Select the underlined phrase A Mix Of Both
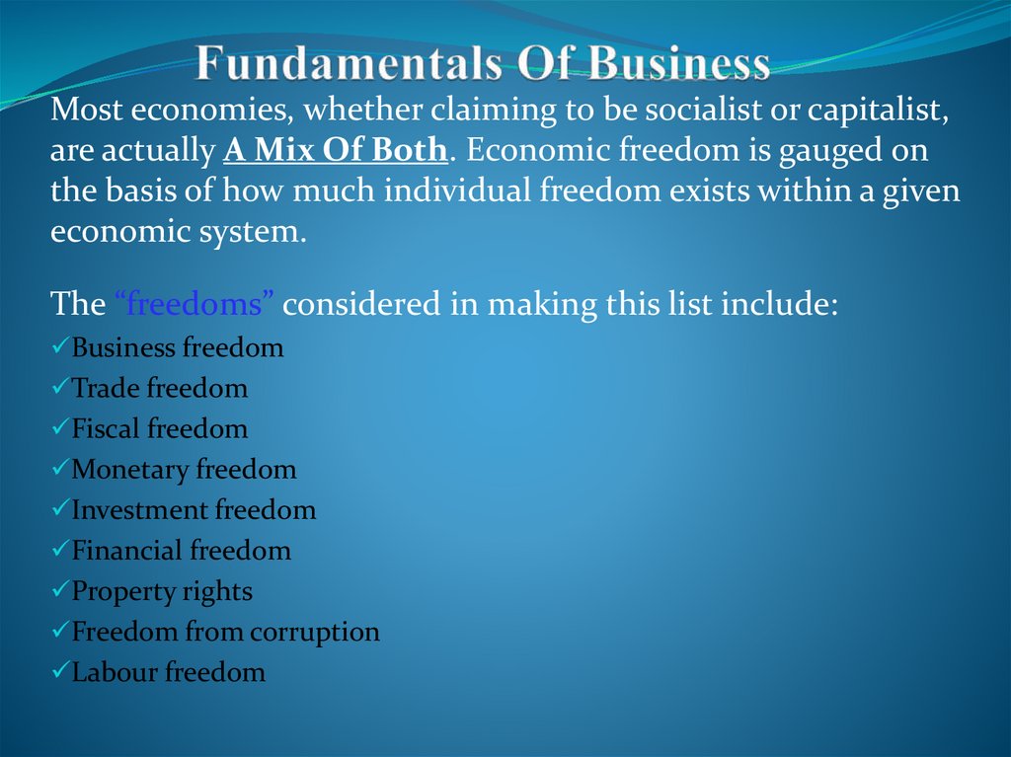pos(337,150)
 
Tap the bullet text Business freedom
pos(178,347)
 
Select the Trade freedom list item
pos(160,388)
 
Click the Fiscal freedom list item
pos(160,428)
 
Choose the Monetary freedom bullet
pos(184,470)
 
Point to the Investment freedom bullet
pos(194,510)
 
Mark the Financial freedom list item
pos(182,551)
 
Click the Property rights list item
pos(162,591)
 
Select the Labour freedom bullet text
pos(169,672)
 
